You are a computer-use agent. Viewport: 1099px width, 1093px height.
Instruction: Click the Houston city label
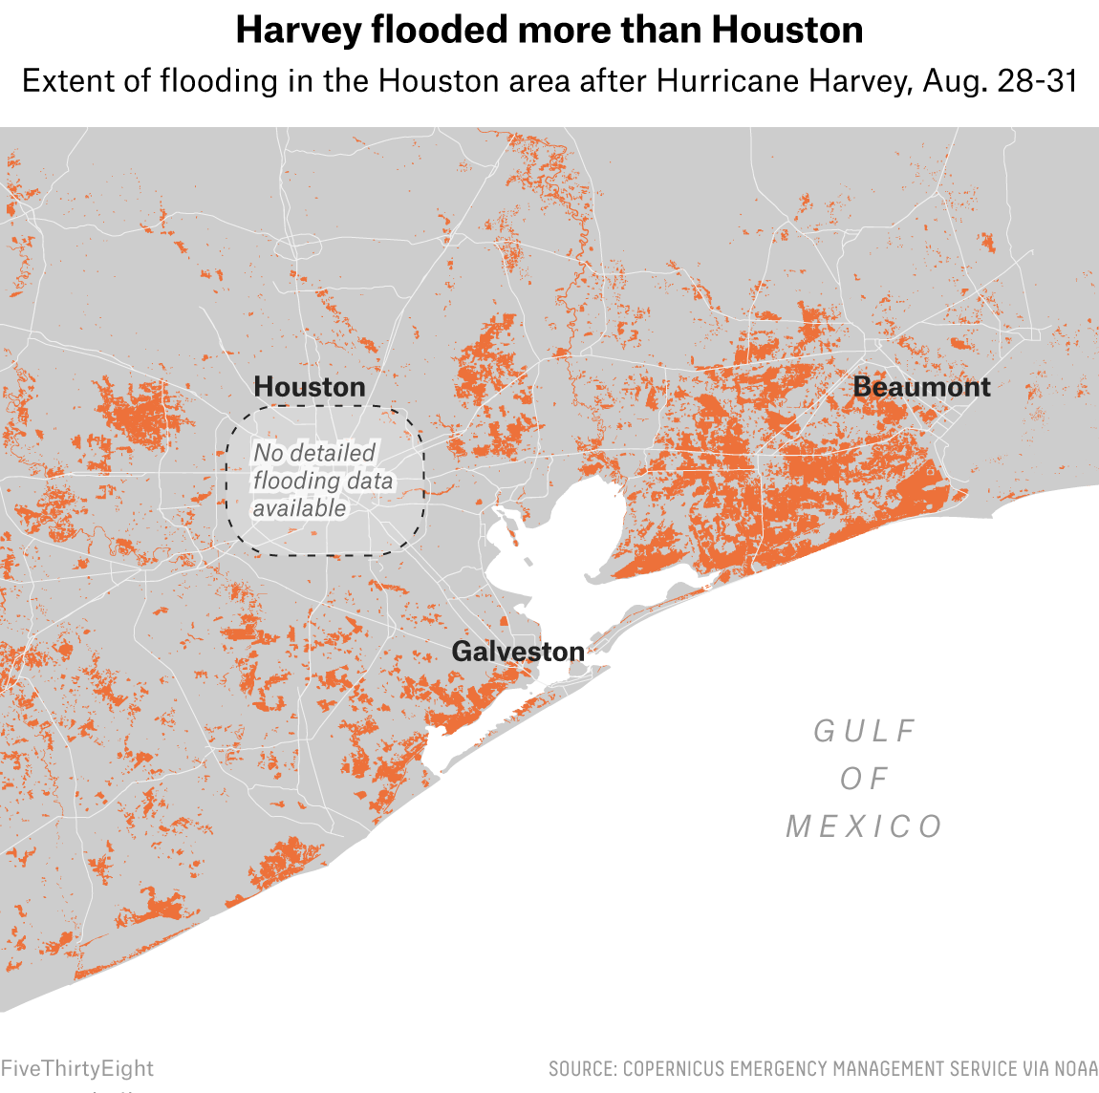[x=310, y=387]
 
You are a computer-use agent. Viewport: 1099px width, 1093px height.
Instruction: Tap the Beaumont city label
[x=921, y=387]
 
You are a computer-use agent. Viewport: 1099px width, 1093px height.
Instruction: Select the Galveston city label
[x=518, y=652]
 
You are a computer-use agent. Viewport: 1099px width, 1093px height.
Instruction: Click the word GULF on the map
[x=865, y=731]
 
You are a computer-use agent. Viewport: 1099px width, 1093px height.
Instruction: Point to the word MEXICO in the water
[x=865, y=826]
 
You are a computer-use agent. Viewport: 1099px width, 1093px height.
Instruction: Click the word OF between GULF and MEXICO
[x=865, y=779]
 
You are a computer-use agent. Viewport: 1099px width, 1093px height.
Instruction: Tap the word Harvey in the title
[x=297, y=31]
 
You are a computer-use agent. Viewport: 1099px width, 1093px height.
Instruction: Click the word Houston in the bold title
[x=787, y=31]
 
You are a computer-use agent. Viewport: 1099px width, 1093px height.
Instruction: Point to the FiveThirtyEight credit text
[x=76, y=1068]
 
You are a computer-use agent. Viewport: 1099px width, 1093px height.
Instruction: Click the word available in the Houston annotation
[x=299, y=508]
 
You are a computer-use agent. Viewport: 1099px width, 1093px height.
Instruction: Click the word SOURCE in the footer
[x=581, y=1068]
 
